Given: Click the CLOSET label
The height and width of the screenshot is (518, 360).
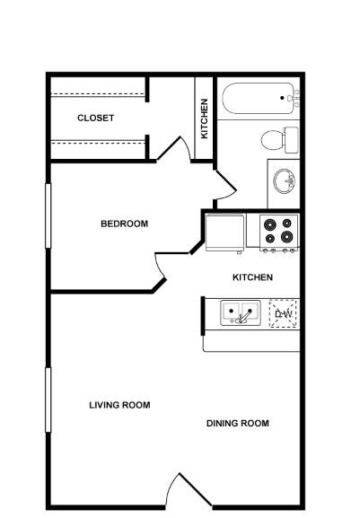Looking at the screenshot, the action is (95, 118).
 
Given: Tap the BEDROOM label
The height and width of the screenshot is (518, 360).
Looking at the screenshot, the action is (124, 224).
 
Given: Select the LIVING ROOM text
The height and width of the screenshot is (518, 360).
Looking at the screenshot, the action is (119, 405).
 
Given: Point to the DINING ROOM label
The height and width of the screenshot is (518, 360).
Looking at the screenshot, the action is (238, 423).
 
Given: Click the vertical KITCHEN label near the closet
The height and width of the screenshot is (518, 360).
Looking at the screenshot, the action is (205, 119).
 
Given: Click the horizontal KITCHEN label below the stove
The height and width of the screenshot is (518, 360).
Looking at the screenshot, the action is (252, 277).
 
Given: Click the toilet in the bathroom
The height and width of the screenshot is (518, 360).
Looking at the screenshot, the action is (280, 140).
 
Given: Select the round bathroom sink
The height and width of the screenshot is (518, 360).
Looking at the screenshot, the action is (285, 181).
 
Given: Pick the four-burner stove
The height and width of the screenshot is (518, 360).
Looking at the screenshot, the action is (279, 233).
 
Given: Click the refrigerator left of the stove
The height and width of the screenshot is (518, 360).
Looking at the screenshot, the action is (225, 233).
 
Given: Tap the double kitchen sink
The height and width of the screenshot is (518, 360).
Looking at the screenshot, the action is (241, 312).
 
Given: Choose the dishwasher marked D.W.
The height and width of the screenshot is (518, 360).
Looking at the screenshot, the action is (284, 313).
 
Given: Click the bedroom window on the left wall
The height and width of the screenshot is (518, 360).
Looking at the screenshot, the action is (48, 215).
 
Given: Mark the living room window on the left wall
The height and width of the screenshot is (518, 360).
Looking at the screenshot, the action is (48, 399).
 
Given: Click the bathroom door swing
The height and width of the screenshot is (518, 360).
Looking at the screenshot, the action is (225, 185).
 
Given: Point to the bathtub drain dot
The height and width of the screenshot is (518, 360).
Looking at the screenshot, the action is (282, 98).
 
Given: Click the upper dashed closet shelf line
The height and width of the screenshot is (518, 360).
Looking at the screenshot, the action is (98, 94).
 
